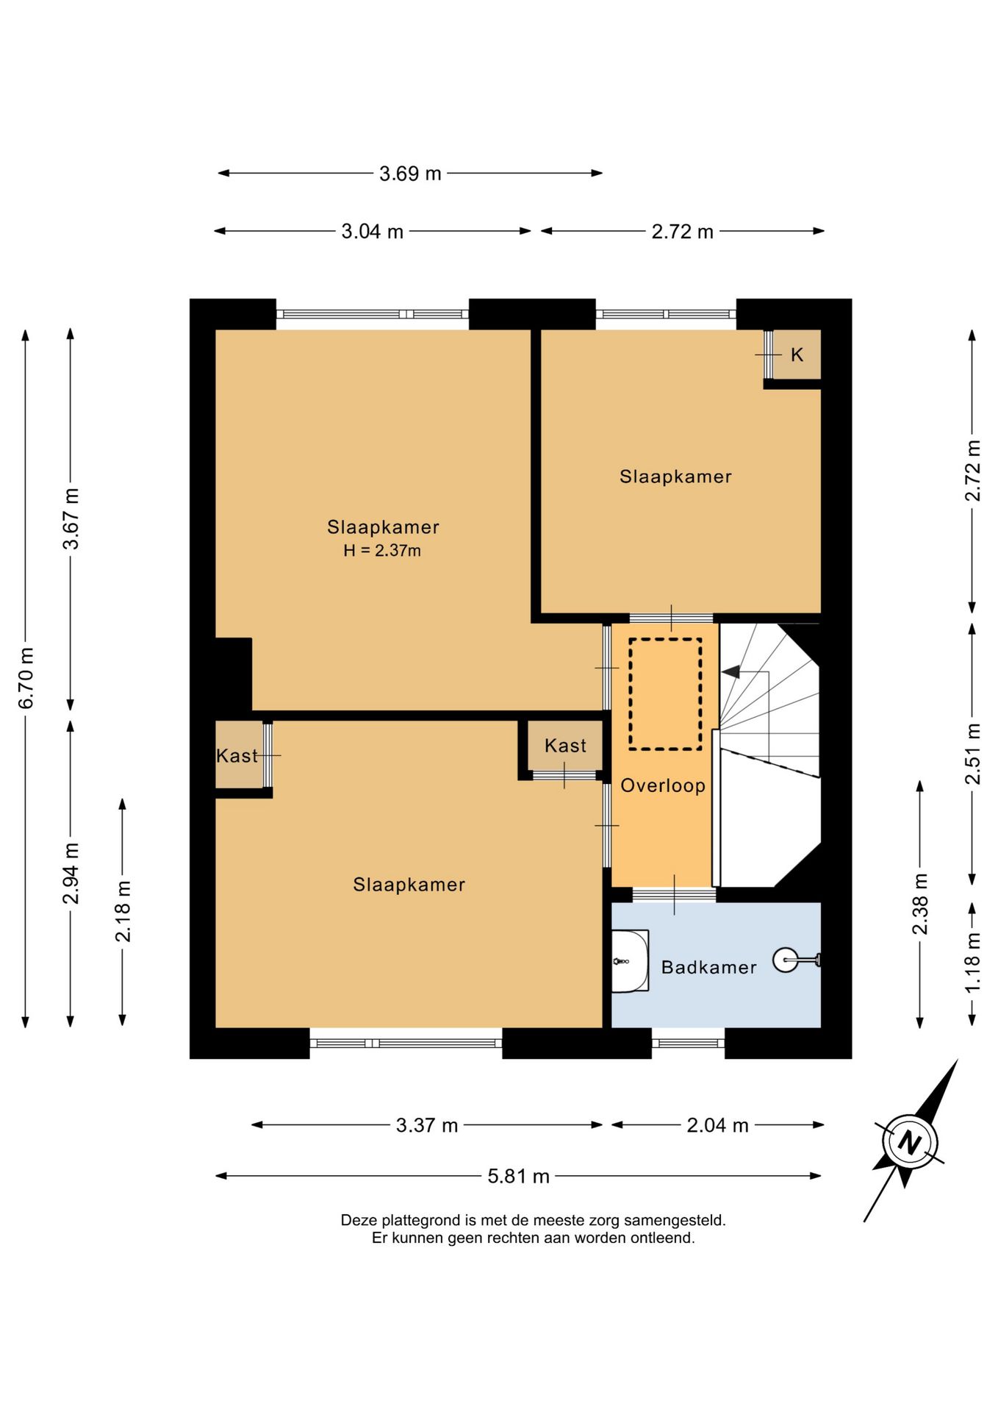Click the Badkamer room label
(708, 967)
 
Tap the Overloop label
(663, 785)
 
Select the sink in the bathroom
(631, 960)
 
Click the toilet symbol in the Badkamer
(796, 960)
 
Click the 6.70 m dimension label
(26, 678)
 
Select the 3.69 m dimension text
(410, 174)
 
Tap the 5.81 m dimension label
(519, 1177)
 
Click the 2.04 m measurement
(717, 1125)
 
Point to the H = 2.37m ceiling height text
(382, 550)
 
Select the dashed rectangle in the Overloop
(665, 694)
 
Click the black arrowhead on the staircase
(730, 671)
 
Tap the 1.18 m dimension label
(972, 962)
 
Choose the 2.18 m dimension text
(123, 912)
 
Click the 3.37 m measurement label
(427, 1125)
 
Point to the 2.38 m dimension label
(920, 904)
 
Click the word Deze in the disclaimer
(359, 1220)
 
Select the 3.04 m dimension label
(373, 232)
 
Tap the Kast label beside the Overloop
(565, 746)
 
